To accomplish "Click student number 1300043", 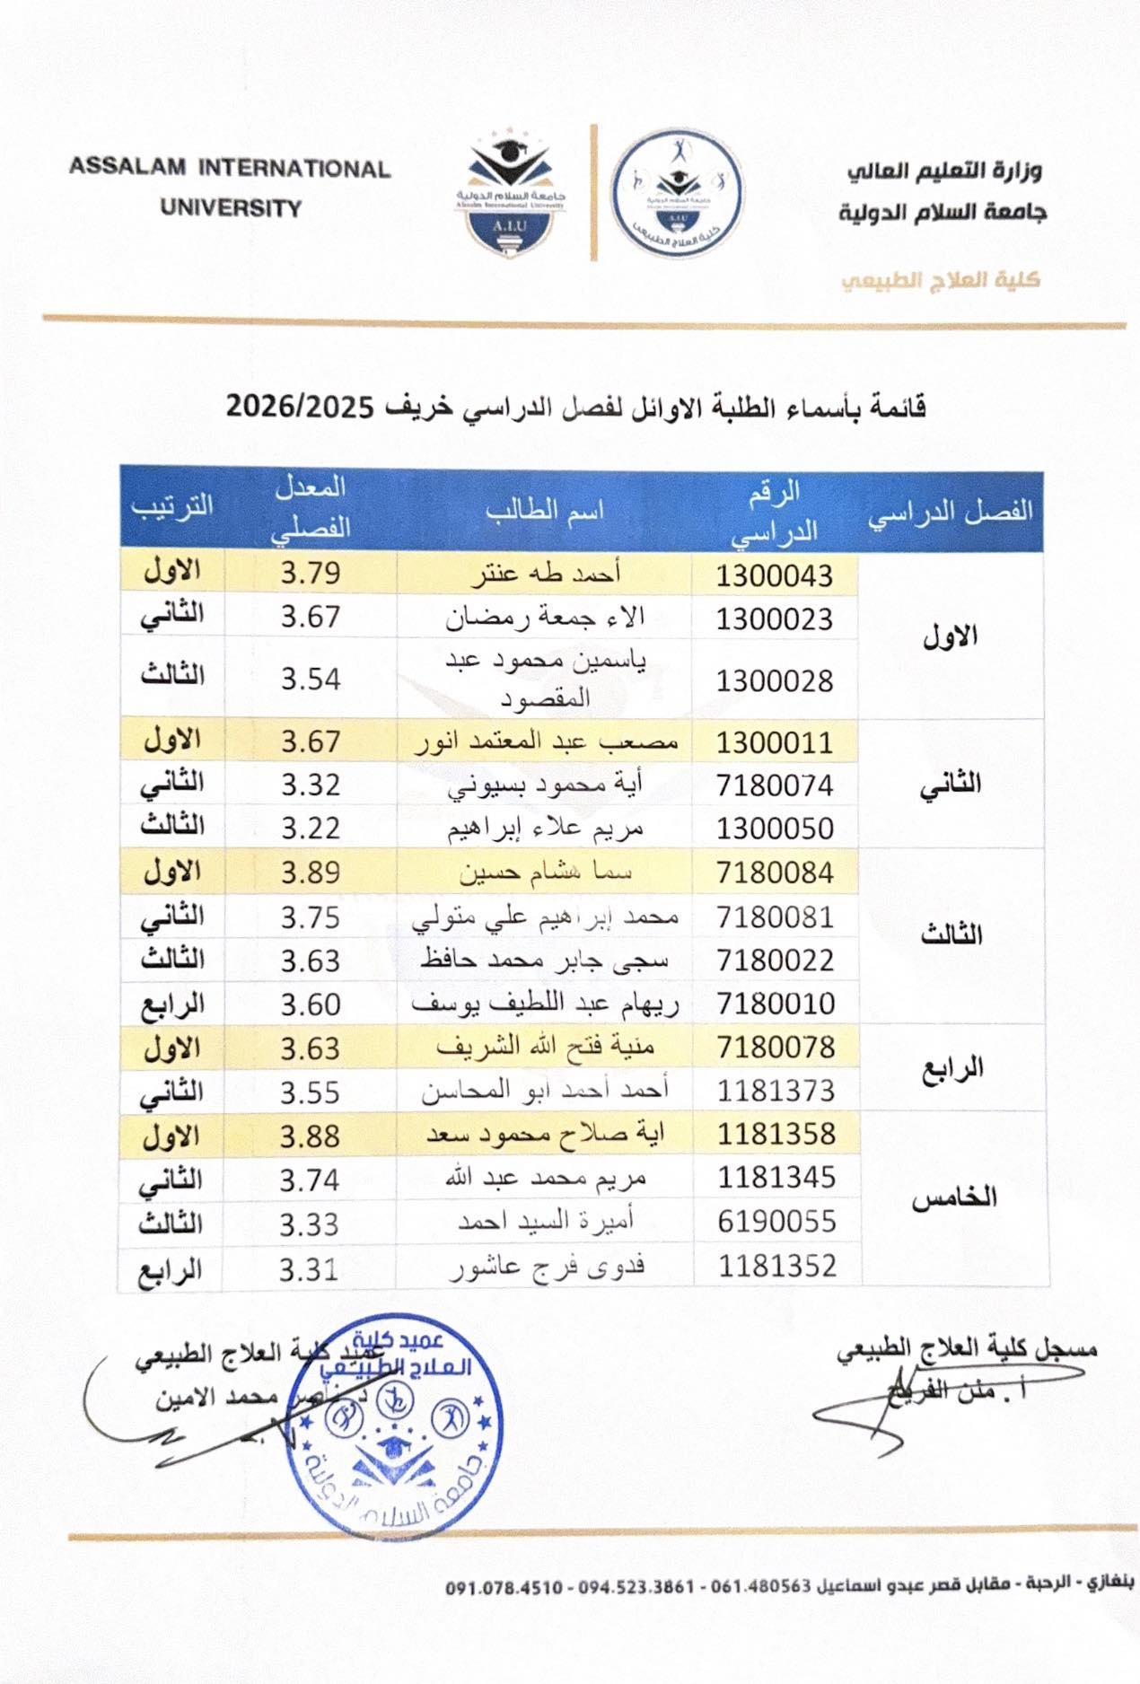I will (x=774, y=575).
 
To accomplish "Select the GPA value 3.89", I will (x=311, y=873).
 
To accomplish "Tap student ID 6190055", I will (x=776, y=1221).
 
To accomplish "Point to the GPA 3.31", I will (x=308, y=1269).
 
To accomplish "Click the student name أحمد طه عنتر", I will (x=546, y=573).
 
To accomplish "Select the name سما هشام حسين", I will (x=545, y=872).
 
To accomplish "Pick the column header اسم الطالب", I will (x=544, y=510).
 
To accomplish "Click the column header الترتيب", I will (x=171, y=505).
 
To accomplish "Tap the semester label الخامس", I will (x=954, y=1198).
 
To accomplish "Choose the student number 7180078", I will (x=776, y=1047).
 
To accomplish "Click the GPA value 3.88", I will (x=310, y=1136).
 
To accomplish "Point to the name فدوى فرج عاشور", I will (x=547, y=1267).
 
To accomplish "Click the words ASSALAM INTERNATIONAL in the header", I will (x=230, y=169).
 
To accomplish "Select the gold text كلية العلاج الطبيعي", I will (x=940, y=280).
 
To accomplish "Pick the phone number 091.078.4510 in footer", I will (x=504, y=1586).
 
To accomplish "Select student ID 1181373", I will (x=776, y=1091).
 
